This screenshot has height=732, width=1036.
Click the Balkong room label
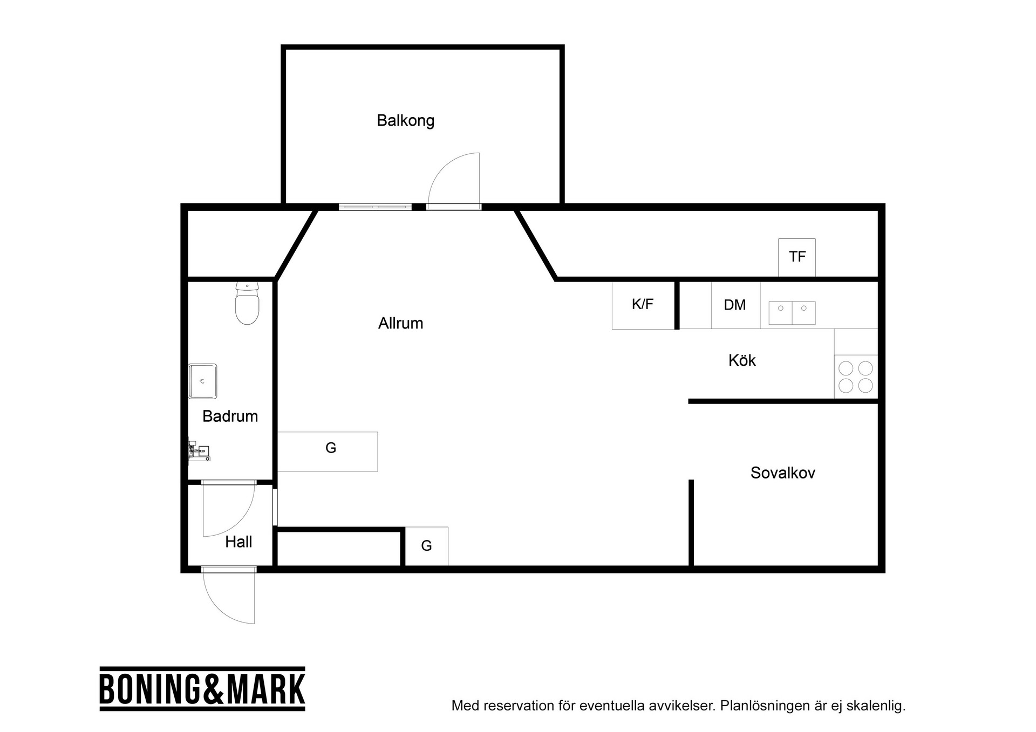(x=405, y=120)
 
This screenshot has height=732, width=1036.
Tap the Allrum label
(x=400, y=323)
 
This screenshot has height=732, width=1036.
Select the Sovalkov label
(x=782, y=473)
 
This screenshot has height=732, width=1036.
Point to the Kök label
(x=742, y=360)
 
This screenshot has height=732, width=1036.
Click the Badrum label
(x=230, y=416)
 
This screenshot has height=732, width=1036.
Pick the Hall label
(x=238, y=542)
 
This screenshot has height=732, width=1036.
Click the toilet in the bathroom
(x=247, y=303)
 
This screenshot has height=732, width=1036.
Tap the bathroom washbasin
(x=202, y=381)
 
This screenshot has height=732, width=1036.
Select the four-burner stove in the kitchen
(x=856, y=377)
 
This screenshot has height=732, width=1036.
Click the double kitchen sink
(x=792, y=313)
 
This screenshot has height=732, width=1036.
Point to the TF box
(x=797, y=257)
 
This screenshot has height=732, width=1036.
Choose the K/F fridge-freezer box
(x=643, y=305)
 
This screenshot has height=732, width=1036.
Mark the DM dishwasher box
(x=735, y=305)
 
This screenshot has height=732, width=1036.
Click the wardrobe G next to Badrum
(x=328, y=451)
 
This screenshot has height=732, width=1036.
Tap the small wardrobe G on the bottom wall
(x=426, y=546)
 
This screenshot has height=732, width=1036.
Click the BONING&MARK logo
(x=202, y=689)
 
